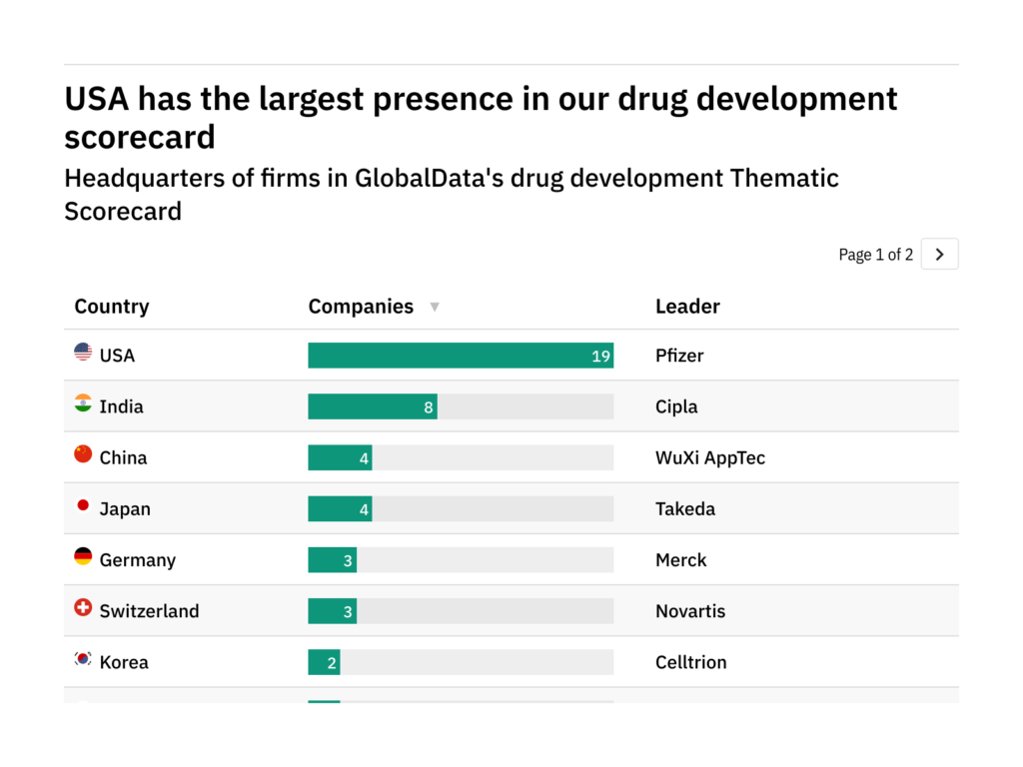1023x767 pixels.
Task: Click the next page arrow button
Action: (939, 255)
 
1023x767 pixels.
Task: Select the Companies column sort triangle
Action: (435, 308)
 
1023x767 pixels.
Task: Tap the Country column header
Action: (112, 307)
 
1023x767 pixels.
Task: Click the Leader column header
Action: (687, 307)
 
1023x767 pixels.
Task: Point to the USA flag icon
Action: (83, 352)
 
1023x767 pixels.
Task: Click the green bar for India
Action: (372, 406)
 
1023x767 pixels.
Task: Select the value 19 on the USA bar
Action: (600, 357)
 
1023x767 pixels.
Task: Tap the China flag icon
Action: (83, 454)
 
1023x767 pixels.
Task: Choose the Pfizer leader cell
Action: (679, 356)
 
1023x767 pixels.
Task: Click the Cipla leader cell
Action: (676, 406)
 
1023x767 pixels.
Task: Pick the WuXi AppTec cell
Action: (710, 458)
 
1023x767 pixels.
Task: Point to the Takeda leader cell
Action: (685, 509)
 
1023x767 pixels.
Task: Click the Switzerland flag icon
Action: (83, 607)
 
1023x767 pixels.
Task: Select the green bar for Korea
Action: (324, 662)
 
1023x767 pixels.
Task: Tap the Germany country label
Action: (137, 560)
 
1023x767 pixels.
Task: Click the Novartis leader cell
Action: (690, 611)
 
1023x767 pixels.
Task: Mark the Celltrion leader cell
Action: (691, 662)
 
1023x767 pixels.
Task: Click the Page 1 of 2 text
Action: (875, 255)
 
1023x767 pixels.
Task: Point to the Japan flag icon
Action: (83, 505)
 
